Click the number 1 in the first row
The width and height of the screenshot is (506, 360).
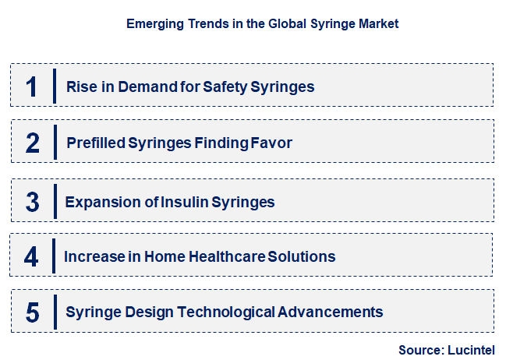coord(31,86)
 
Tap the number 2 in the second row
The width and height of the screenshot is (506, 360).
coord(32,143)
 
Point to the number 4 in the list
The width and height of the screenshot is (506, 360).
coord(31,257)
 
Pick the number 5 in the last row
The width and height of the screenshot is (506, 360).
coord(32,313)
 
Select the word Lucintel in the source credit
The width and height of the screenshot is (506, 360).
coord(471,350)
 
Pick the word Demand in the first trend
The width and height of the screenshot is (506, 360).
coord(145,86)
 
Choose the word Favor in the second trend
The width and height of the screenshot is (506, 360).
coord(273,143)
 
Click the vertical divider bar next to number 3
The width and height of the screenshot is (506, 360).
coord(55,202)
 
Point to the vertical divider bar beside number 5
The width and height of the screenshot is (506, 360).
coord(55,312)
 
